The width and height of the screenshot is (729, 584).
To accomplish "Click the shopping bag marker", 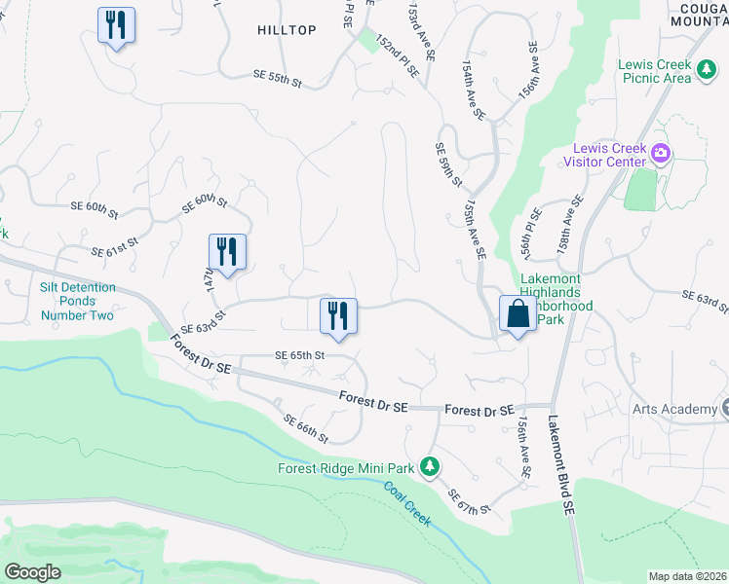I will pos(518,314).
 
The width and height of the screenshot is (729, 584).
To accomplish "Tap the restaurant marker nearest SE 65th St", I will pos(338,316).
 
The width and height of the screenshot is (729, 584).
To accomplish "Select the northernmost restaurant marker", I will pos(116,25).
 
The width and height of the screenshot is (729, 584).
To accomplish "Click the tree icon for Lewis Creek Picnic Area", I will pos(706,71).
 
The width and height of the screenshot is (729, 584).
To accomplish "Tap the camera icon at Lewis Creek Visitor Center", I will pos(661,153).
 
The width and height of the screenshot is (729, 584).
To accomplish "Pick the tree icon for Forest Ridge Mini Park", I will pos(428,468).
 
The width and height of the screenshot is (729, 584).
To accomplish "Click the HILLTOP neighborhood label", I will pos(287,30).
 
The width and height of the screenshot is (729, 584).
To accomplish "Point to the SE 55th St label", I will pos(278,78).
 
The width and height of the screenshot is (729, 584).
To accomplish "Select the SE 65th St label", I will pos(299,355).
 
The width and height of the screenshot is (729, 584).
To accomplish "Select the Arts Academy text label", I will pos(674,409).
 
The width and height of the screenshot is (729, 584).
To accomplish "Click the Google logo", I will pos(32,571).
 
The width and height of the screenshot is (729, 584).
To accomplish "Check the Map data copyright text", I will pos(687,576).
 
